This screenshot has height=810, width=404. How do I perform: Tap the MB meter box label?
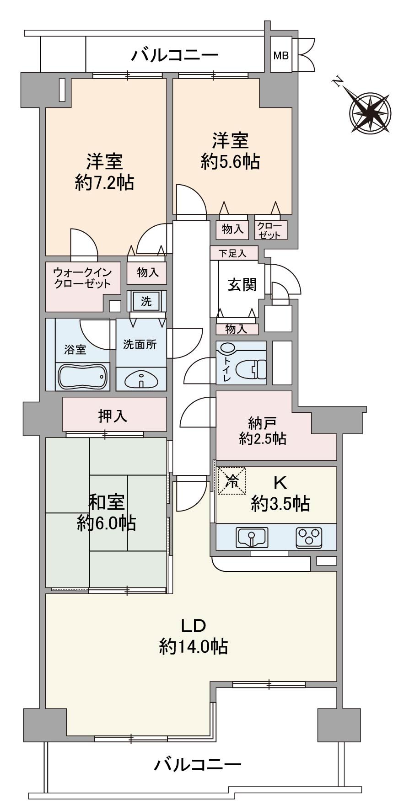tap(281, 56)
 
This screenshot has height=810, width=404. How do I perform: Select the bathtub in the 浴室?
tap(82, 377)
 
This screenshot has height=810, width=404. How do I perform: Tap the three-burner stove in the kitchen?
tap(309, 537)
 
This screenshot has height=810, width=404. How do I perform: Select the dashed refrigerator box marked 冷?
tap(232, 480)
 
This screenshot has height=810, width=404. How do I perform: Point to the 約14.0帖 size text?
tap(194, 646)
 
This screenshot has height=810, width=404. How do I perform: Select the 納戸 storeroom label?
tap(263, 420)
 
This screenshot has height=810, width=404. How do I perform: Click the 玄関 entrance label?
tap(242, 285)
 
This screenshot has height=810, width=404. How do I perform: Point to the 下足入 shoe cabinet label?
tap(233, 253)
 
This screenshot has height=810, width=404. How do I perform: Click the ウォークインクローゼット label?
tap(82, 277)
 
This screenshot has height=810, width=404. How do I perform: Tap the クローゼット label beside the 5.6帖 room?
tap(270, 230)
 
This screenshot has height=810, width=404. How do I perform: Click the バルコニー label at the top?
tap(175, 56)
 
